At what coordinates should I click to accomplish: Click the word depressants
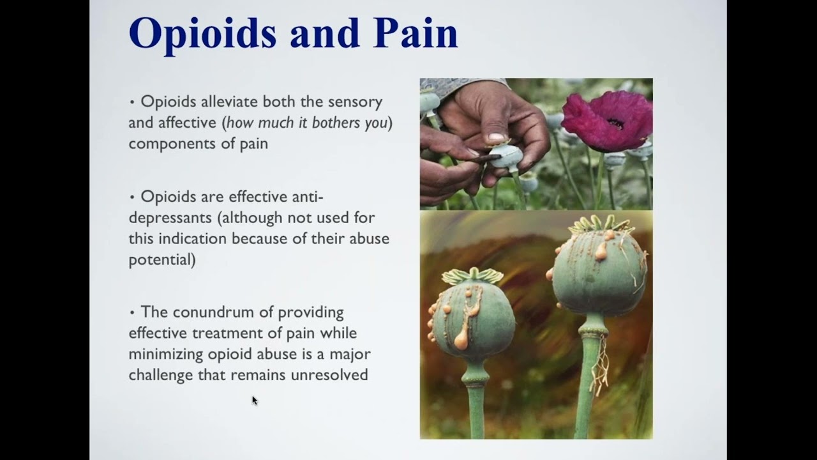point(170,218)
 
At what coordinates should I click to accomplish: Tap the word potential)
point(162,260)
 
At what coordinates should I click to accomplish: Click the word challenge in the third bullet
point(161,374)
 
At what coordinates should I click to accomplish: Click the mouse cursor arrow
point(254,400)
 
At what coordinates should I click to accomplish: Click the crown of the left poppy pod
point(472,276)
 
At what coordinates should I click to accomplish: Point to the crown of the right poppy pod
point(599,225)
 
